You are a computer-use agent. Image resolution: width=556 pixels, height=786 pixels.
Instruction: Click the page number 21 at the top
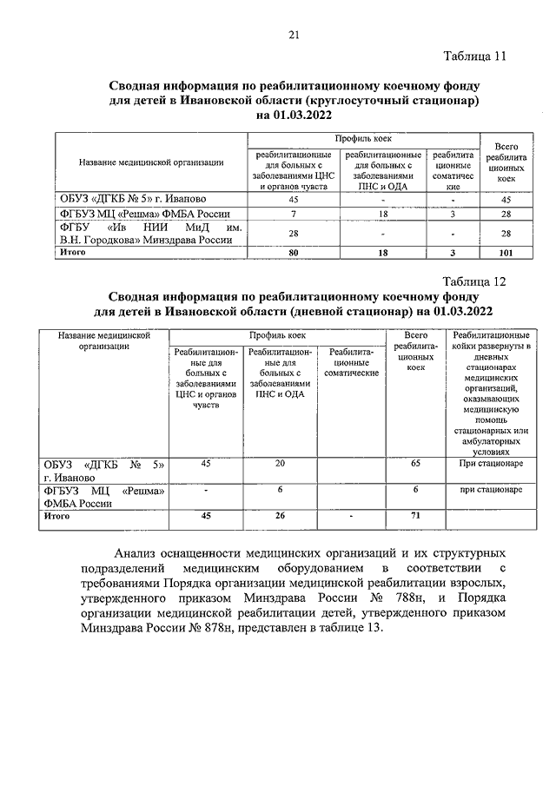294,35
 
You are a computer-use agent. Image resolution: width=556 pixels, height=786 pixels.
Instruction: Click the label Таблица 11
473,58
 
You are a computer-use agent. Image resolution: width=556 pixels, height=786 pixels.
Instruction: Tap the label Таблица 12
473,281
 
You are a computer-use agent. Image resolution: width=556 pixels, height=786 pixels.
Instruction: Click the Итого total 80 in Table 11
294,252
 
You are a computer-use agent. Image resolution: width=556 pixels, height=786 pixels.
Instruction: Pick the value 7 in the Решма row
294,214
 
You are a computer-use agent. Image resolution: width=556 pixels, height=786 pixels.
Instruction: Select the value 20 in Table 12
280,464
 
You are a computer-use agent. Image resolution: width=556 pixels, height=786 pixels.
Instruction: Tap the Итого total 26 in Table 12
280,516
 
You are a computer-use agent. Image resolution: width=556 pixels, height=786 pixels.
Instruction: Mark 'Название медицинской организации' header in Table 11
152,162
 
